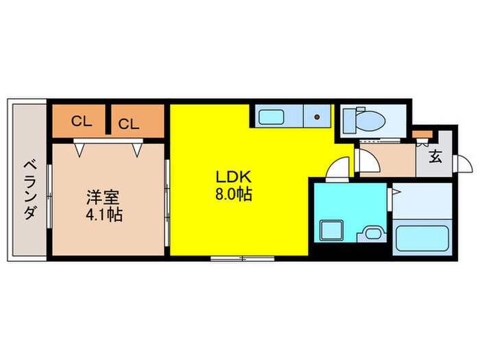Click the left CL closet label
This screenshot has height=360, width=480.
point(82,122)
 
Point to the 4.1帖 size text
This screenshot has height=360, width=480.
point(104,214)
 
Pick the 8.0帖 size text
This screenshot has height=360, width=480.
point(234,194)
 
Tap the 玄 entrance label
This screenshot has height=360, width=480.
point(435,156)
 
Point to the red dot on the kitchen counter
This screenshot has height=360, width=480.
point(317,117)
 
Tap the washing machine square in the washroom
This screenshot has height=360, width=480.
point(331,230)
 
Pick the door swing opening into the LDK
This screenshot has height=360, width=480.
point(337,169)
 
